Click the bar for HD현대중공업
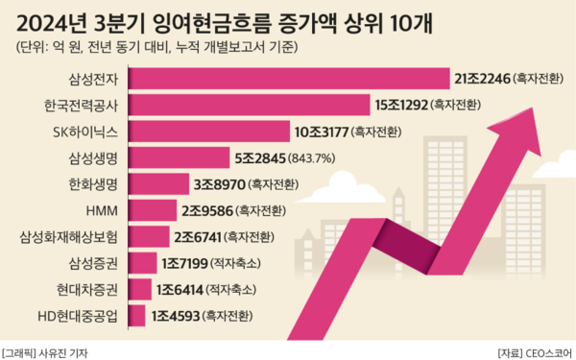click(x=136, y=314)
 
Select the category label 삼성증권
click(x=94, y=262)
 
